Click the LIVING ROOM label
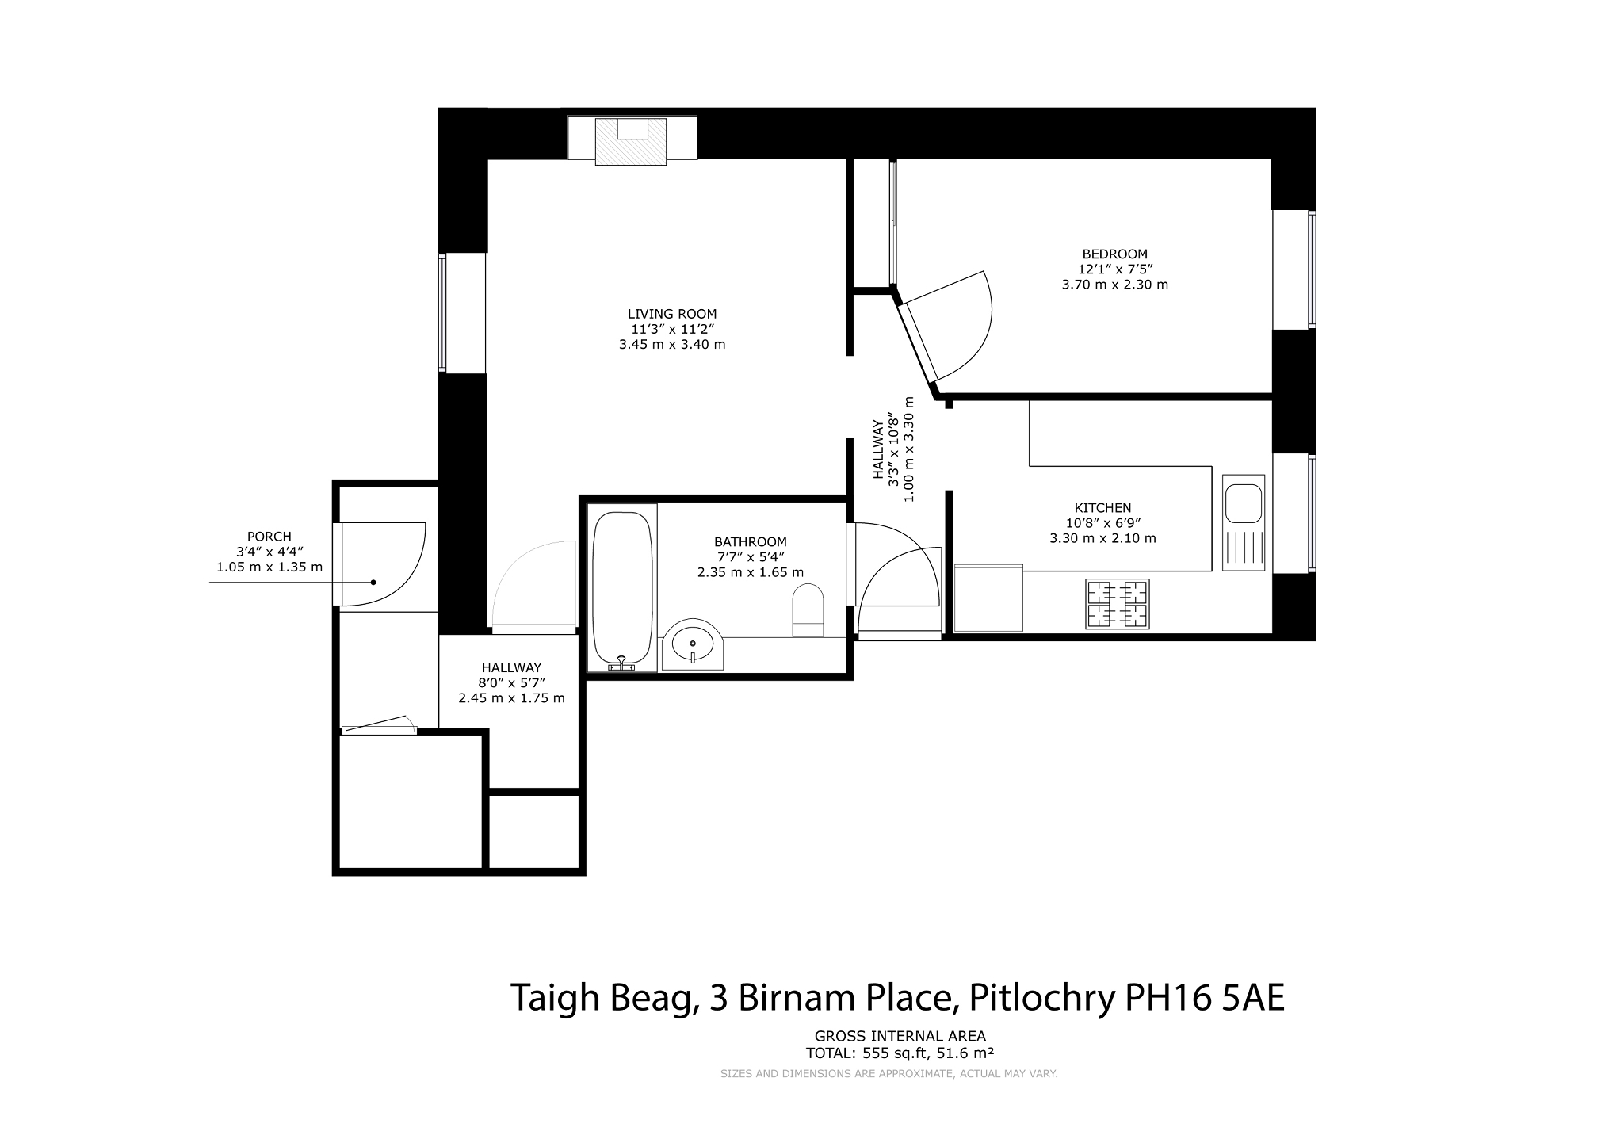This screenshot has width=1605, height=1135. coord(672,314)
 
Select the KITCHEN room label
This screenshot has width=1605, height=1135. coord(1102,508)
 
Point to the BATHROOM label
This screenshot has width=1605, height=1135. coord(750,542)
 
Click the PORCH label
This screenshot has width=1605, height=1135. coord(269,537)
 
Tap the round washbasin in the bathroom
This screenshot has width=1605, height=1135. coord(693,644)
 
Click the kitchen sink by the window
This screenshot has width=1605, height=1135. coord(1243,523)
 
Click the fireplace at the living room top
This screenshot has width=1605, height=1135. coord(632,141)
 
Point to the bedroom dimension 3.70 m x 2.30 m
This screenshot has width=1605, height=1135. coord(1114,285)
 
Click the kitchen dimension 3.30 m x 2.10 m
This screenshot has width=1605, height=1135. coord(1102,538)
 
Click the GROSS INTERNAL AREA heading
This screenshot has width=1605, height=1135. coord(900,1036)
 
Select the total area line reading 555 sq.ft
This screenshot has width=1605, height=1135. coord(900,1053)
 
